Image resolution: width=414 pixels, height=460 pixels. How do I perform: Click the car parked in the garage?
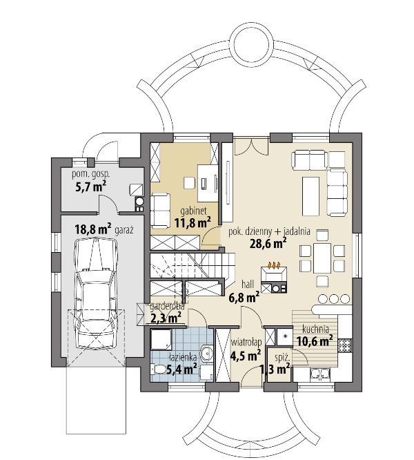pos(95,292)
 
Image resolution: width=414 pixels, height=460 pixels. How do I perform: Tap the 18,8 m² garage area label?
pos(93,229)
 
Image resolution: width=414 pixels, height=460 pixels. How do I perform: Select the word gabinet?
pos(194,211)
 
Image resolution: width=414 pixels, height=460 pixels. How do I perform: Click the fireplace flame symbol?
pos(274,265)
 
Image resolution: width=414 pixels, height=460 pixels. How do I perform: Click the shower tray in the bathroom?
pos(161,339)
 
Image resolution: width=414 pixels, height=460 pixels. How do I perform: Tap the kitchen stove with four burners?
pos(345,345)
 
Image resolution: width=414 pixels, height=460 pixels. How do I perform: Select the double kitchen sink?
pos(320,374)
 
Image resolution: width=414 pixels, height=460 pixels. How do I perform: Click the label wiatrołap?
pos(246,343)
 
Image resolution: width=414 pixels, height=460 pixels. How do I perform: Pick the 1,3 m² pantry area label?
pos(275,369)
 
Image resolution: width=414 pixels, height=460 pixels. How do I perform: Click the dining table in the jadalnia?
pos(322,258)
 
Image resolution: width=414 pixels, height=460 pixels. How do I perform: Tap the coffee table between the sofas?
pos(311,195)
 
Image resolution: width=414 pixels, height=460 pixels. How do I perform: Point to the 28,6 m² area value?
pos(268,243)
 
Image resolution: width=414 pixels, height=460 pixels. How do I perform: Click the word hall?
pos(248,284)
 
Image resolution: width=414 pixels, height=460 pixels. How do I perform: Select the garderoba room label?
pos(167,307)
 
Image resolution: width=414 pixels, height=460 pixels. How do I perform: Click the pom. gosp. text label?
pos(91,174)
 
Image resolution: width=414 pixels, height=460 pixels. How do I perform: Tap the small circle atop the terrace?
pos(252,48)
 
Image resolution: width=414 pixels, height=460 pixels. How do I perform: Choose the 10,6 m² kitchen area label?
pos(315,341)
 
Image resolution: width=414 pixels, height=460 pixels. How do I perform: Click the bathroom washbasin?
pos(207,352)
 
